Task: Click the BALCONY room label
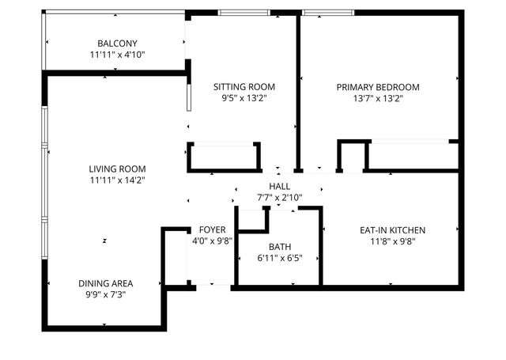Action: [x=117, y=43]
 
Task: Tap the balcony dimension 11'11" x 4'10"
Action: [x=117, y=55]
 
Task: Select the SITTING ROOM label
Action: [x=244, y=87]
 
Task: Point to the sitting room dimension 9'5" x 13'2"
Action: [x=244, y=99]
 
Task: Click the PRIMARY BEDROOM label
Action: [x=378, y=87]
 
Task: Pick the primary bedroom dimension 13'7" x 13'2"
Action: [x=378, y=99]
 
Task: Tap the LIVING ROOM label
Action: [x=117, y=169]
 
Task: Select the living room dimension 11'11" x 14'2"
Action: [x=117, y=180]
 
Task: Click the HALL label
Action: [x=279, y=185]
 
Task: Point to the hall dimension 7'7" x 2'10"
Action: [x=279, y=197]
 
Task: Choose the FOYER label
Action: [x=212, y=229]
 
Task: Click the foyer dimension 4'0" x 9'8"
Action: [x=212, y=241]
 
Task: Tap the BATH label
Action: [x=280, y=246]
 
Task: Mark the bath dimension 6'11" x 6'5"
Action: [x=280, y=258]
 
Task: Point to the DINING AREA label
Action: [x=105, y=283]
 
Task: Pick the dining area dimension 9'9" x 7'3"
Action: [x=105, y=295]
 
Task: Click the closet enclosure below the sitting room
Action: [x=225, y=157]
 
